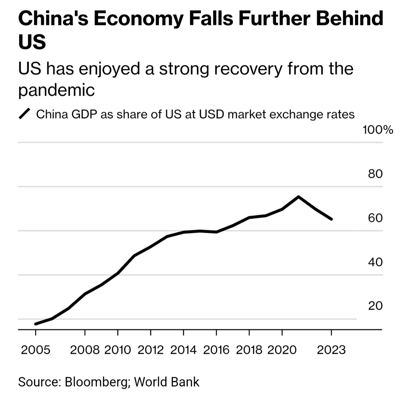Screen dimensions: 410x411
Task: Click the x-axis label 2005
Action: click(36, 350)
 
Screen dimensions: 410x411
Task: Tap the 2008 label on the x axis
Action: click(85, 350)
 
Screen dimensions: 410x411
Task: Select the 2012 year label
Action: click(150, 350)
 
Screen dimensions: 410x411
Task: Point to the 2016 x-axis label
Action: click(216, 350)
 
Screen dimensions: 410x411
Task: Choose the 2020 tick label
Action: click(282, 350)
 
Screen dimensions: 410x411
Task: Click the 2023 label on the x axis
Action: click(331, 350)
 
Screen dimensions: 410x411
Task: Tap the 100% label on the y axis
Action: click(378, 130)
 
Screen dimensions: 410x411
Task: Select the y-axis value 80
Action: click(375, 174)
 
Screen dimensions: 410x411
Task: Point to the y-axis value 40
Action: click(375, 262)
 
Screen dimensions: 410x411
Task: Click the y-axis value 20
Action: click(375, 306)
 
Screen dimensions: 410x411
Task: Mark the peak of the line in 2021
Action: click(298, 197)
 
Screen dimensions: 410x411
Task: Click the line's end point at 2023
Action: click(331, 219)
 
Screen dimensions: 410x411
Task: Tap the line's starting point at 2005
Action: click(36, 324)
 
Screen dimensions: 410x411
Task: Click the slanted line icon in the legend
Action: click(25, 114)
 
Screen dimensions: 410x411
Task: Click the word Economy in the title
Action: click(139, 19)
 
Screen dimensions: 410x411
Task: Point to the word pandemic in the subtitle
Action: click(56, 90)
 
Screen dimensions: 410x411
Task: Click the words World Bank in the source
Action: click(166, 382)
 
